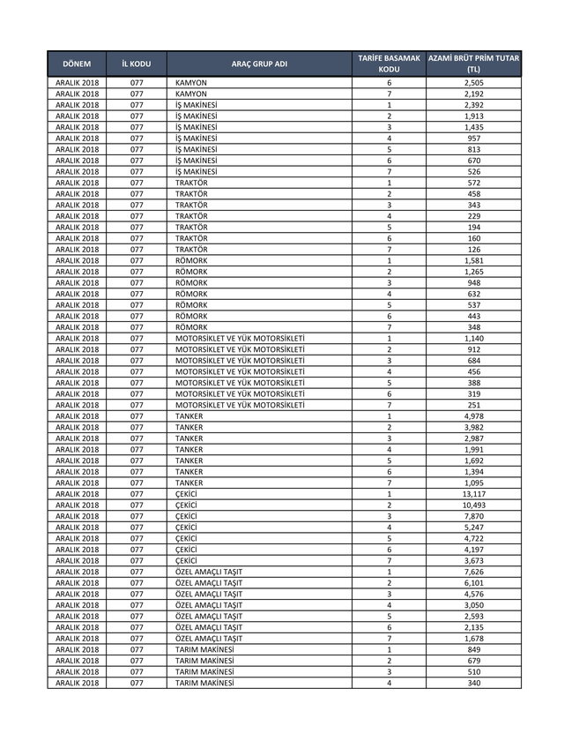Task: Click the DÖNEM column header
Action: coord(78,64)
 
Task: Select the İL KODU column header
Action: coord(136,64)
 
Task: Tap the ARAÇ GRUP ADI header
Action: coord(259,64)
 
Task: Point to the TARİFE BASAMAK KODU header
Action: coord(389,64)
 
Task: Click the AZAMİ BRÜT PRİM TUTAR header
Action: coord(473,64)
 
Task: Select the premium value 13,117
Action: coord(473,494)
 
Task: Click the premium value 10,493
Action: coord(473,505)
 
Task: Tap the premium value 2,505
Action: coord(473,82)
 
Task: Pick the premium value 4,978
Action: coord(473,416)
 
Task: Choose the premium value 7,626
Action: coord(473,572)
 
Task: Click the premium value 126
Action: coord(473,250)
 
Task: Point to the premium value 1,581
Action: coord(473,260)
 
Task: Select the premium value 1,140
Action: coord(473,339)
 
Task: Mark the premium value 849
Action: coord(473,649)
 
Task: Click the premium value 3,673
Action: coord(473,561)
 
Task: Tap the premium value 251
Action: coord(473,405)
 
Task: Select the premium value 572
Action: coord(473,183)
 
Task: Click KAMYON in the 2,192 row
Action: coord(191,94)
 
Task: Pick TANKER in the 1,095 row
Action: coord(189,483)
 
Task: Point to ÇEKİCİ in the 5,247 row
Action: coord(187,528)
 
